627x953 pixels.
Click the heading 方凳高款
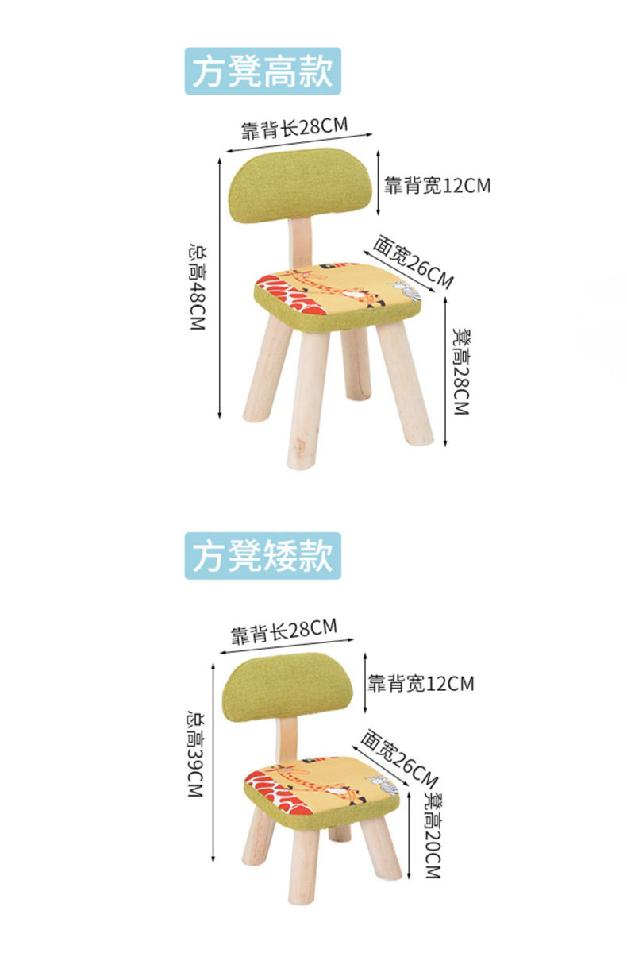point(263,71)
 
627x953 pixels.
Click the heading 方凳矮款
point(263,555)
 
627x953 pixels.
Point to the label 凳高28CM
point(460,371)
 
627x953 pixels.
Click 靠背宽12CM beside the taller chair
point(437,186)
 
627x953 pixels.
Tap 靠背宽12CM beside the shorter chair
point(421,683)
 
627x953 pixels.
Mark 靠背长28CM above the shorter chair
point(283,631)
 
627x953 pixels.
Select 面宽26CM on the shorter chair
point(398,754)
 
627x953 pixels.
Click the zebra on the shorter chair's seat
point(383,785)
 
